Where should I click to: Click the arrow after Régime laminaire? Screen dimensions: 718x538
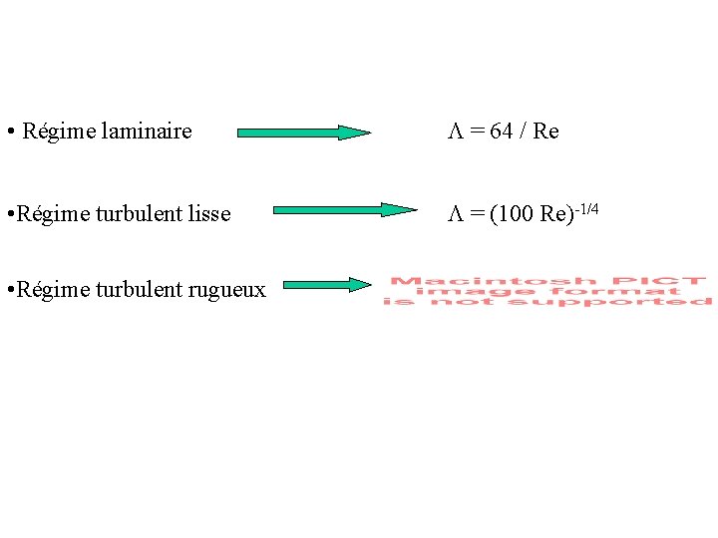(303, 132)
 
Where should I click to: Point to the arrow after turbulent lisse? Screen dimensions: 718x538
(344, 210)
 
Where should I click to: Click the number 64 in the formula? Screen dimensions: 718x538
(502, 132)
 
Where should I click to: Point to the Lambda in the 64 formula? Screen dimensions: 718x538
(453, 132)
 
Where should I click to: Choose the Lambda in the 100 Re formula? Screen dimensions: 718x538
(453, 214)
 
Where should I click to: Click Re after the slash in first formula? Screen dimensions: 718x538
(546, 132)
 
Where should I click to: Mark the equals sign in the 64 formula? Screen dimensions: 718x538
(477, 132)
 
